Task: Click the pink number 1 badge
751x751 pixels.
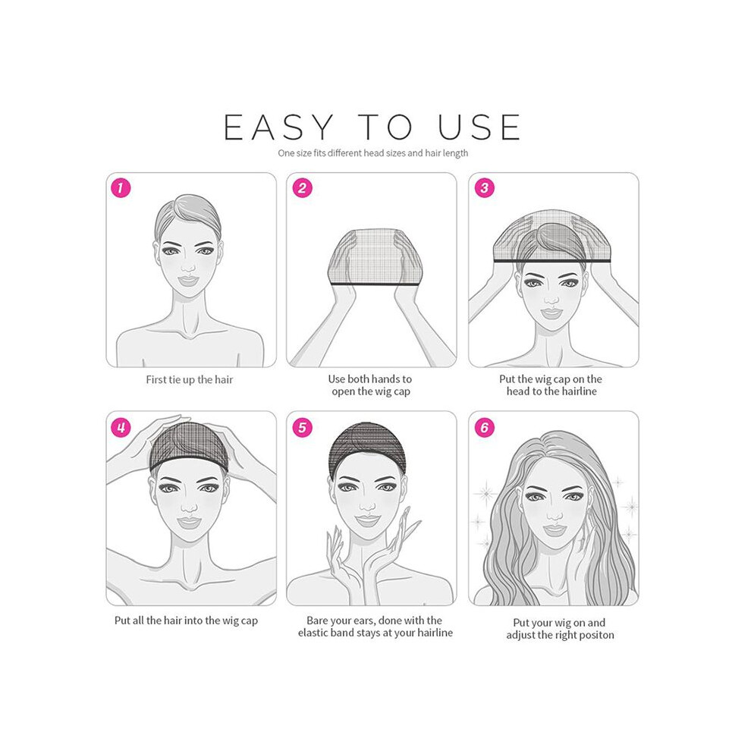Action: (x=121, y=188)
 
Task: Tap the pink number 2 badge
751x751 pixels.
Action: (x=302, y=188)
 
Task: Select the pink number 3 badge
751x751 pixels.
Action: (x=484, y=188)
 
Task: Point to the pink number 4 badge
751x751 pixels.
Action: (x=121, y=427)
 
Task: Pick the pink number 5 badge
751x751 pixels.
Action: (x=302, y=427)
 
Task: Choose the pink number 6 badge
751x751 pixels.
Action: (x=484, y=427)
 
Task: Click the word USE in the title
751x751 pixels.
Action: (x=479, y=127)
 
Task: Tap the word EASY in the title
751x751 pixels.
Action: (x=278, y=127)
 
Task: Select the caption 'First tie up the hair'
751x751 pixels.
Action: (x=189, y=380)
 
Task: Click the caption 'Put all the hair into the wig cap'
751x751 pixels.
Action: (x=186, y=621)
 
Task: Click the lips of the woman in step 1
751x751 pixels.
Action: (x=188, y=280)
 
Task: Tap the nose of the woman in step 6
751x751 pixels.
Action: (x=554, y=514)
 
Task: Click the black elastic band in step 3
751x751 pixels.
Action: (x=552, y=261)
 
